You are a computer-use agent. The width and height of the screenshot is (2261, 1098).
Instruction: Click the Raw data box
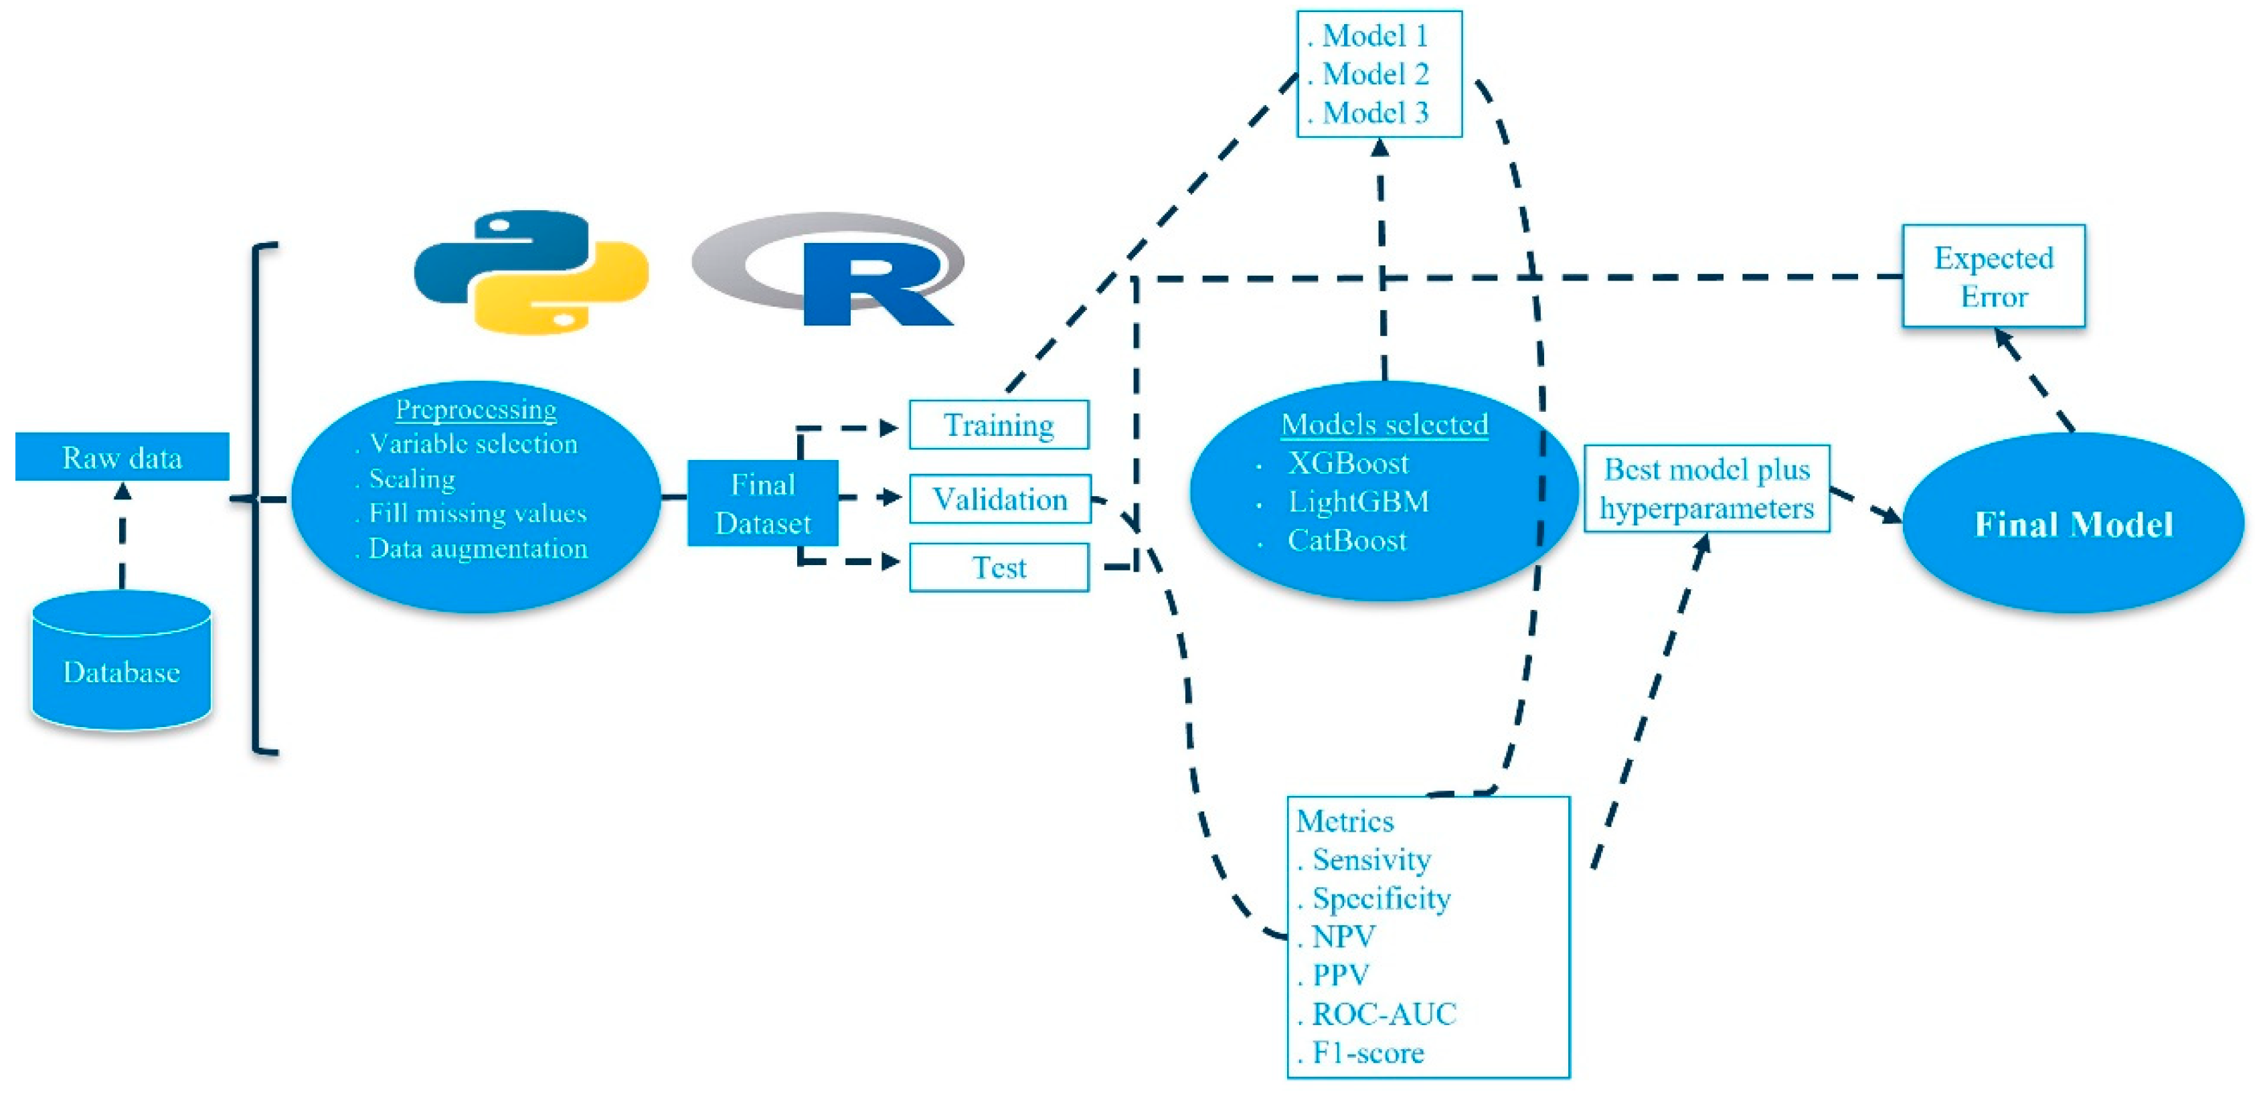(x=122, y=457)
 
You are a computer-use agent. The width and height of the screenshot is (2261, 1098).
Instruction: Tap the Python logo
(x=530, y=271)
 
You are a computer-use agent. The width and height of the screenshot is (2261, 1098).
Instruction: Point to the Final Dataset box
(x=762, y=503)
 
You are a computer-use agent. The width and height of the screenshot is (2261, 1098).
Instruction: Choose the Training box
(x=999, y=425)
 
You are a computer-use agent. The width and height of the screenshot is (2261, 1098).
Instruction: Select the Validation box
(x=1000, y=499)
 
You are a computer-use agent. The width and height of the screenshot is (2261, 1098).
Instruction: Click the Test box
(x=999, y=568)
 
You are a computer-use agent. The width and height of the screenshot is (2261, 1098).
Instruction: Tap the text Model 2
(x=1375, y=74)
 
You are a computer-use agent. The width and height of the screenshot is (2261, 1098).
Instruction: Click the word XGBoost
(x=1347, y=463)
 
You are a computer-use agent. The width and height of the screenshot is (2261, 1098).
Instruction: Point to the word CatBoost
(x=1347, y=540)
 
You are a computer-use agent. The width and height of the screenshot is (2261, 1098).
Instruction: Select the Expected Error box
(x=1993, y=277)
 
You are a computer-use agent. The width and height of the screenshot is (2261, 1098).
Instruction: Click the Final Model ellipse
(x=2073, y=524)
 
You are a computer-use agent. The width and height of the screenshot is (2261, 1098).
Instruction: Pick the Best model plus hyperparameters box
(x=1706, y=488)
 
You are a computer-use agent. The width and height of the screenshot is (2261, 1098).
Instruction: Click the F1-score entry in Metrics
(x=1367, y=1052)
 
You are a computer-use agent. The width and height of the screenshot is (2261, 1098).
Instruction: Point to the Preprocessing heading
(x=476, y=409)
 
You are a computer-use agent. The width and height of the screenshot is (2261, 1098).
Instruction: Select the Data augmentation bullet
(x=477, y=548)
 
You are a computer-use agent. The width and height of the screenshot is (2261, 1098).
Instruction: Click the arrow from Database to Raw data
(x=122, y=536)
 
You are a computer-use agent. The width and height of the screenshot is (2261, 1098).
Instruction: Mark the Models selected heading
(x=1384, y=424)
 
